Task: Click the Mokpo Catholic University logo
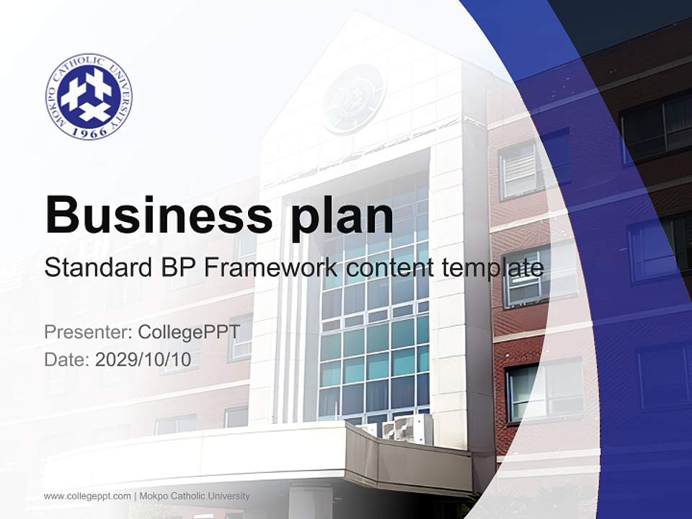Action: [89, 97]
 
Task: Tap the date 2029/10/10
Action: [143, 360]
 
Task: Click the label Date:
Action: [67, 360]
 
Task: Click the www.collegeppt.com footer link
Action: [87, 496]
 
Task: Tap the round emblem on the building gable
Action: [353, 98]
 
